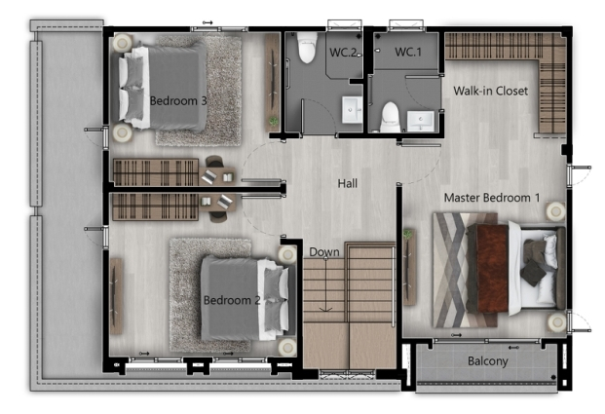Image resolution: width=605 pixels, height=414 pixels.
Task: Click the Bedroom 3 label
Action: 178,100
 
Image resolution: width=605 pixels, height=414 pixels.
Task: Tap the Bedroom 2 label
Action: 232,300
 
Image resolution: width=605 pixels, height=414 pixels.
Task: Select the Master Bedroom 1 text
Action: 492,198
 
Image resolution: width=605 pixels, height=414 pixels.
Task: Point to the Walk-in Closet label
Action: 490,91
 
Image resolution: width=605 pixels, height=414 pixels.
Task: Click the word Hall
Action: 348,183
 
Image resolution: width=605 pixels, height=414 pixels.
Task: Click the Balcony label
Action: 487,361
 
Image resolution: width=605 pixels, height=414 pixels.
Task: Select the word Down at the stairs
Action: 324,252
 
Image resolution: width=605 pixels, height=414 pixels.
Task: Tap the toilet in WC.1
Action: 390,117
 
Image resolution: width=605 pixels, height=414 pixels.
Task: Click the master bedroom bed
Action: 516,268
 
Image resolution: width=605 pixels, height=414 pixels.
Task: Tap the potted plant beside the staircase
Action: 405,235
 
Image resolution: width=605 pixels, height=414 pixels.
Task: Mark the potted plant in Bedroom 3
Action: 274,121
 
